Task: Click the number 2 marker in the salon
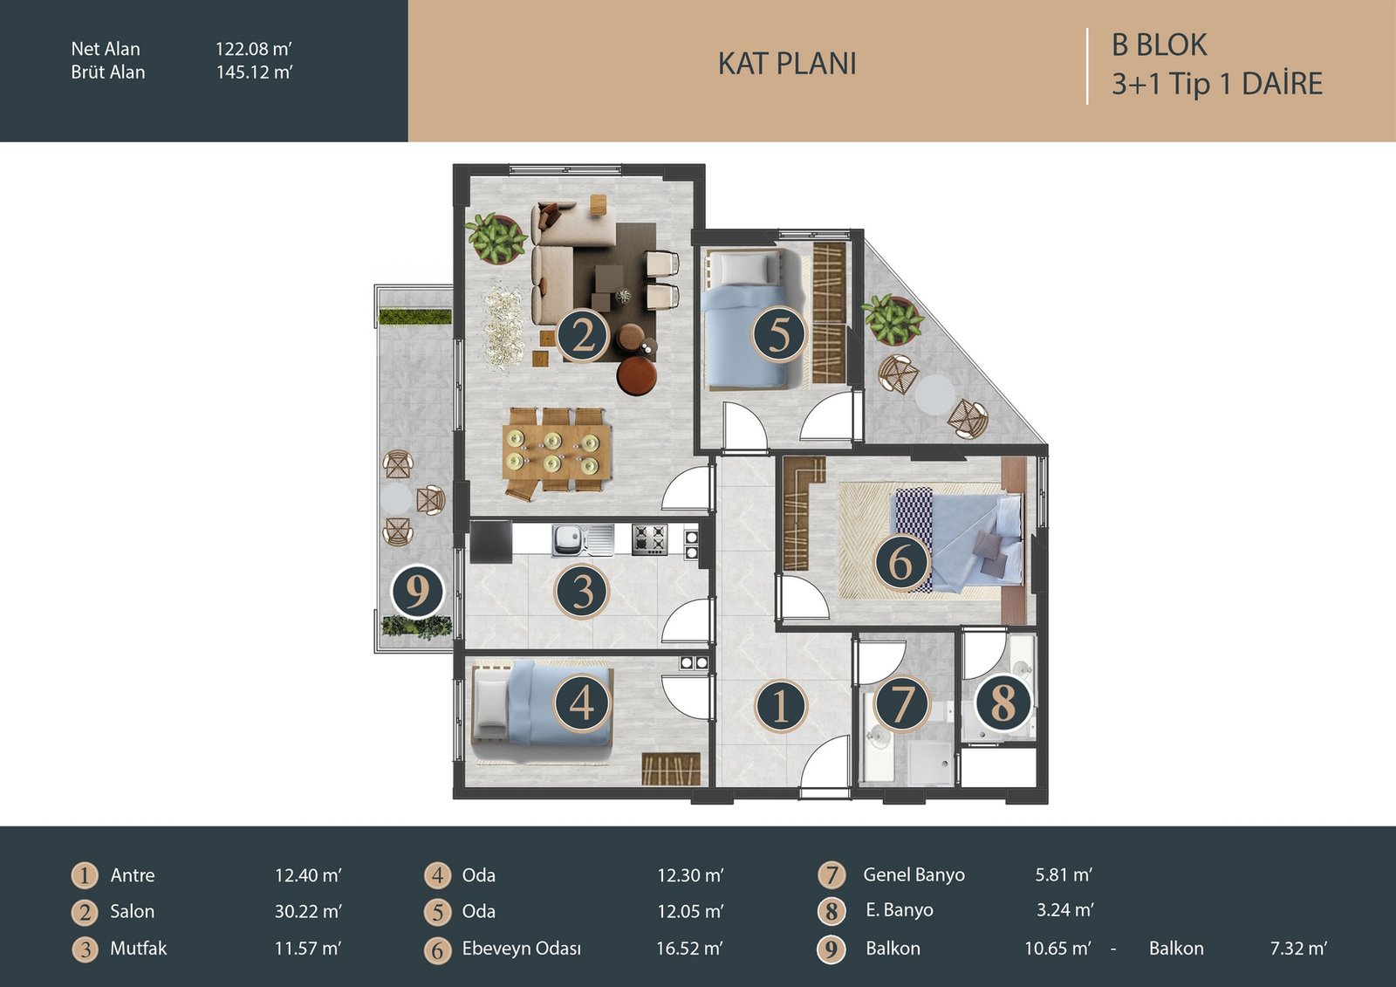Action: coord(582,338)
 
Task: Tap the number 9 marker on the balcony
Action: coord(417,591)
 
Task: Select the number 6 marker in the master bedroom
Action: coord(901,562)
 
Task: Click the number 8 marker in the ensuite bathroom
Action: coord(1003,703)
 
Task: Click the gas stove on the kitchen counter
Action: coord(649,538)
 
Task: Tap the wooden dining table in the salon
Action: coord(556,452)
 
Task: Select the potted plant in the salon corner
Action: coord(496,237)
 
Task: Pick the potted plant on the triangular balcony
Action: coord(891,319)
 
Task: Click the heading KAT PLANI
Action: coord(787,64)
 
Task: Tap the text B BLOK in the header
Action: coord(1160,45)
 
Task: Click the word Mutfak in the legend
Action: coord(139,949)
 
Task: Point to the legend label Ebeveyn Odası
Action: coord(521,949)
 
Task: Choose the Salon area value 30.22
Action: coord(308,912)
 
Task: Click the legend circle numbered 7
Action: coord(831,874)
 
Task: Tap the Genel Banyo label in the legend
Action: coord(914,874)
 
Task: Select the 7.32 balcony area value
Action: coord(1298,949)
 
